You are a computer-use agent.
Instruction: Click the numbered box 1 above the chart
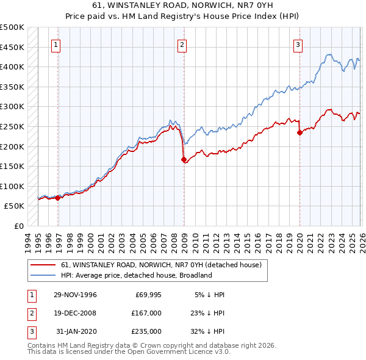[55, 44]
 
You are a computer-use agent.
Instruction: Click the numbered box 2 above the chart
[182, 44]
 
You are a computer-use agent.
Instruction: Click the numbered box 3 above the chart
[298, 44]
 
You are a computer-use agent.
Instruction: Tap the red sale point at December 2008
[184, 159]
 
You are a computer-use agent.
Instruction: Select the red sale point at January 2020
[300, 132]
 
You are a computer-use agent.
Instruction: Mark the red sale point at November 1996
[57, 198]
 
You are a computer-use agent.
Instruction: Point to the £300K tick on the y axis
[12, 106]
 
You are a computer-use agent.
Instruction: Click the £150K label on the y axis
[12, 166]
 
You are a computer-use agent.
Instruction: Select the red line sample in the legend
[43, 265]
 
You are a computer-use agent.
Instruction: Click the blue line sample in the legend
[43, 275]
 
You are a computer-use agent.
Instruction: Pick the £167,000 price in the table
[146, 313]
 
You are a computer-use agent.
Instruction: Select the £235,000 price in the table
[146, 331]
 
